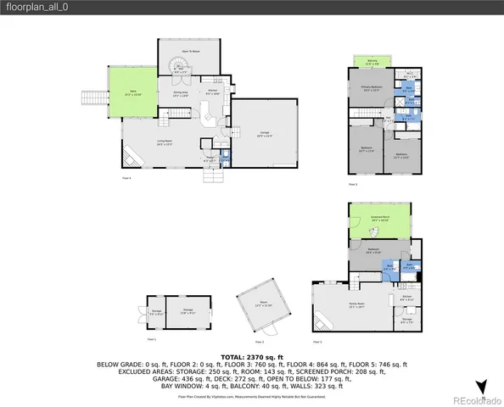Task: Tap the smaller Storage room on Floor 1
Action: [156, 311]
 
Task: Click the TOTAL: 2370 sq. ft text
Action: [252, 357]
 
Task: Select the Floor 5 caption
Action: [353, 183]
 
